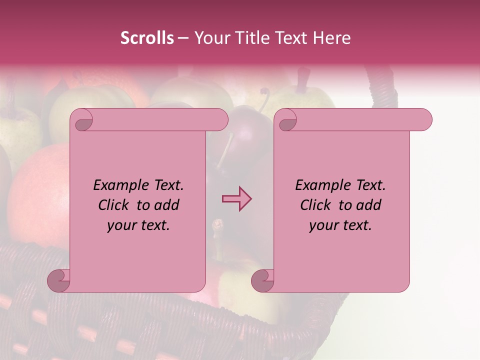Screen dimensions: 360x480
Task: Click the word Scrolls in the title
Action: click(x=147, y=38)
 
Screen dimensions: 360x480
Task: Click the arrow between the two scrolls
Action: click(x=236, y=199)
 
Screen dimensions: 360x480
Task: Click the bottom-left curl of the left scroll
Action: click(x=59, y=281)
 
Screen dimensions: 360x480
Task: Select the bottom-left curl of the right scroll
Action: click(x=262, y=281)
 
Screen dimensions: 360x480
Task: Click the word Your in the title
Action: click(x=209, y=38)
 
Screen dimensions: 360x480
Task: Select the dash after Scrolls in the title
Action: click(x=183, y=38)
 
